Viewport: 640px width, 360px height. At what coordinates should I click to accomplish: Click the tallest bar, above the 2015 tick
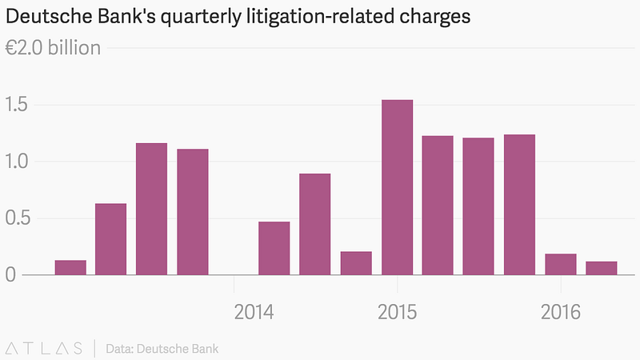[397, 187]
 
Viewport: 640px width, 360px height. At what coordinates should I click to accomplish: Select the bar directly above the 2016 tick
[561, 265]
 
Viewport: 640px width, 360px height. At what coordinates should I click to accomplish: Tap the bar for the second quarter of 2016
[602, 268]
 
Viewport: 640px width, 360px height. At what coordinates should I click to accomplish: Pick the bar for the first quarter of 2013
[70, 267]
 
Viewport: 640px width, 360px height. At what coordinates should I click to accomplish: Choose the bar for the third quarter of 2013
[151, 209]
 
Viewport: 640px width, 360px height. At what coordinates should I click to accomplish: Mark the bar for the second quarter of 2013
[110, 239]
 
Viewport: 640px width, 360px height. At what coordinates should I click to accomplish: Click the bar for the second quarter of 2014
[274, 248]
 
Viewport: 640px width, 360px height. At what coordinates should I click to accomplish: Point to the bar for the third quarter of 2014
[314, 224]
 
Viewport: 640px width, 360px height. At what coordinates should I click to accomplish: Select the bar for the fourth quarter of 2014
[356, 263]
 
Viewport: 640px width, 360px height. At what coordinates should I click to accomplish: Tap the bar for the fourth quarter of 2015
[519, 205]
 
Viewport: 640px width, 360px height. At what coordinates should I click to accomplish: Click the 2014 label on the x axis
[254, 312]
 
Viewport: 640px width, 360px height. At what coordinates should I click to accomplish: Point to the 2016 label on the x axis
[561, 312]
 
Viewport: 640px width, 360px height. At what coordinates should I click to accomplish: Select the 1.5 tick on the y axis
[16, 105]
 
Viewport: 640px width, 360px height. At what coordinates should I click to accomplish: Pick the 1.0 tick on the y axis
[16, 162]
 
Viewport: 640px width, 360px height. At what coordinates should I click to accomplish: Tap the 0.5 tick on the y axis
[18, 218]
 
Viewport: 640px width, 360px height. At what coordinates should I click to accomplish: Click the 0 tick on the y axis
[10, 274]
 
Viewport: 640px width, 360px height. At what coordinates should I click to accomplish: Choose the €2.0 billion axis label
[53, 48]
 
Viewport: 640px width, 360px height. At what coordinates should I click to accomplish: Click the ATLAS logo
[44, 349]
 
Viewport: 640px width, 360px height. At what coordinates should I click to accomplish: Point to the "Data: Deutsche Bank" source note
[162, 349]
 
